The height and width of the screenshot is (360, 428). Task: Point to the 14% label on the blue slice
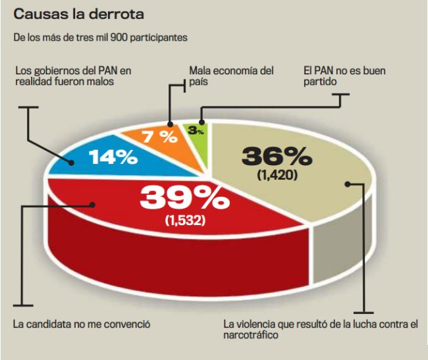(113, 157)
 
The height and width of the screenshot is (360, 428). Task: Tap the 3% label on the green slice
(197, 130)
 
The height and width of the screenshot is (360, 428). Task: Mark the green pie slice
(202, 141)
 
